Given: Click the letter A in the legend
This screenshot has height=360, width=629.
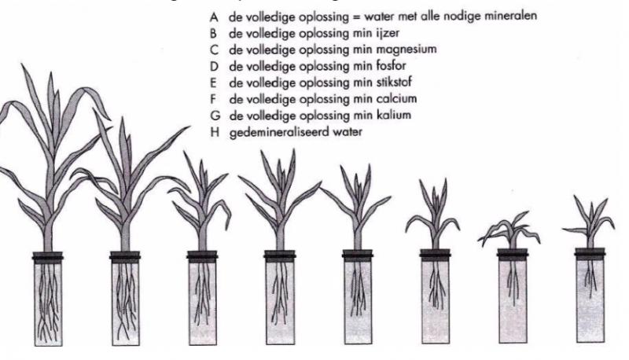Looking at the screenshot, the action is (214, 17).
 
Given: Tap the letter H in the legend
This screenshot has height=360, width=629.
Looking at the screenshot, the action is (215, 132).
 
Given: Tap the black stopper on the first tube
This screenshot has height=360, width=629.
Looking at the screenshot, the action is (48, 257).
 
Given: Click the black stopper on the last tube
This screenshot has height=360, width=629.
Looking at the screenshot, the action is (590, 254).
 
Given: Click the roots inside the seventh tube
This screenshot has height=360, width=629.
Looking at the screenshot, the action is (513, 281).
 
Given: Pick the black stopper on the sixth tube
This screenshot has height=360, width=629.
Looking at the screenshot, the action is (436, 255).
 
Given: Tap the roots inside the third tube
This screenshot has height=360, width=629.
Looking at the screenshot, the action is (202, 292).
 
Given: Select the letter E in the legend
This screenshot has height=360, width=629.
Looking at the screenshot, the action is (213, 83).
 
